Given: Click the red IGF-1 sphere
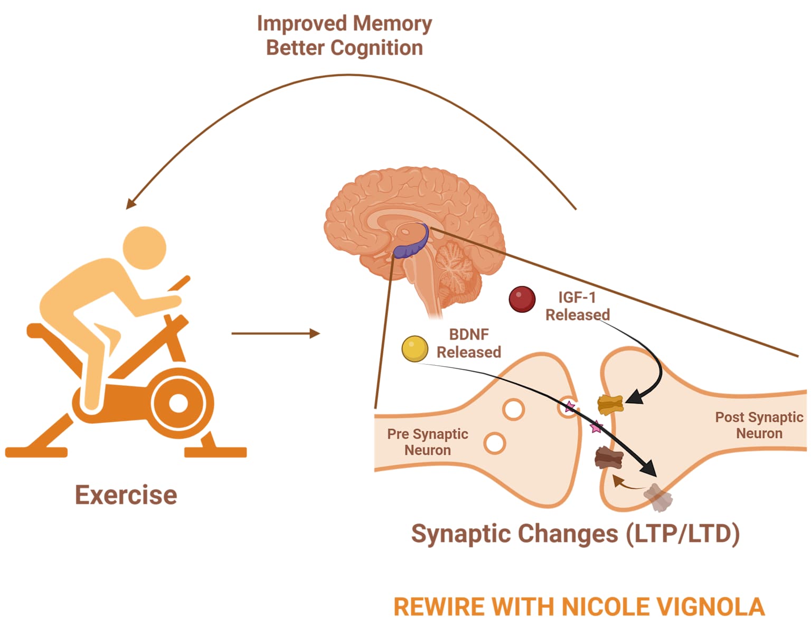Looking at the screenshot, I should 522,299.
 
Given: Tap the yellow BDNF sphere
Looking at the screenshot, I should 415,349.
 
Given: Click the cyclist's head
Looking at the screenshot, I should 145,247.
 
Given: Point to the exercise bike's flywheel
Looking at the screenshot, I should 178,403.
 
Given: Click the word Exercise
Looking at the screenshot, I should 126,495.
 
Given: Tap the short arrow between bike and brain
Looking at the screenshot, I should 276,333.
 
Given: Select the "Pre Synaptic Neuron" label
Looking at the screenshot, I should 428,442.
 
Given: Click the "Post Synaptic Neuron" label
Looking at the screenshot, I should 759,425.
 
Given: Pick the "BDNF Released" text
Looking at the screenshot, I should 468,343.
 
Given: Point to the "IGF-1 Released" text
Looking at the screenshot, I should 577,306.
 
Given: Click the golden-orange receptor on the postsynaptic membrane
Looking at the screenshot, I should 610,405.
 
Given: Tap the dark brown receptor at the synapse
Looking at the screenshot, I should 609,458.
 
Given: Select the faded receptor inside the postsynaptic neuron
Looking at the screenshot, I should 658,498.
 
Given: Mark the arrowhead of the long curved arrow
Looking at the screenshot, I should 130,204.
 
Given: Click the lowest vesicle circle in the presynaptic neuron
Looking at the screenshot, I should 495,443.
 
